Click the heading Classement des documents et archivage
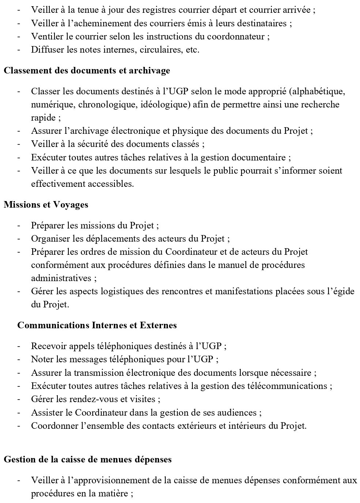[87, 71]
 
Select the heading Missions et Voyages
[46, 205]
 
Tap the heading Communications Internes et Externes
[97, 325]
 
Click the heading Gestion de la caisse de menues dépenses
[87, 459]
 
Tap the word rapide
[43, 118]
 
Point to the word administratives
[61, 278]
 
